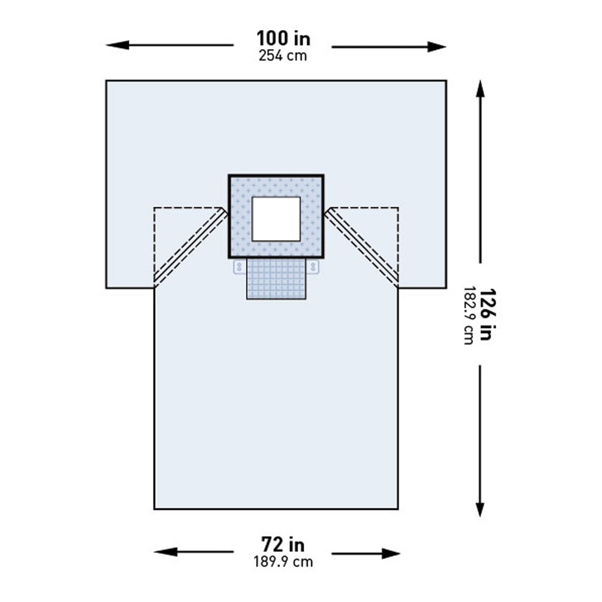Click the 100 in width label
(283, 39)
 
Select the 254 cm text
(282, 56)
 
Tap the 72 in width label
(282, 545)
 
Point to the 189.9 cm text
(283, 562)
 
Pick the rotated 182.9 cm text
(469, 315)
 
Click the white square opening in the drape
(276, 219)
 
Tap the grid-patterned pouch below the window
(276, 278)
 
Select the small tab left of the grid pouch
(239, 267)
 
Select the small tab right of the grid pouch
(313, 267)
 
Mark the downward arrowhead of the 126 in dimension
(480, 511)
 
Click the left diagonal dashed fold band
(190, 246)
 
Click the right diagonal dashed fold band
(362, 246)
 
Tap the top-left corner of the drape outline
(106, 81)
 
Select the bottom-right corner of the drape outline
(398, 509)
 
